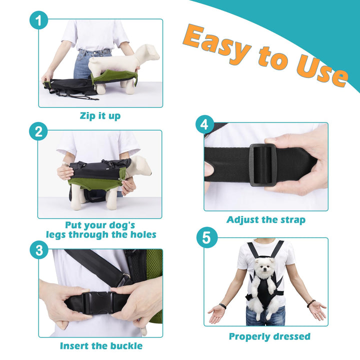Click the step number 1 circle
point(39,20)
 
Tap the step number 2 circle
point(38,131)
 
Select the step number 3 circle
point(39,250)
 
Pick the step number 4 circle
point(205,124)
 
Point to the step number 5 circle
point(206,237)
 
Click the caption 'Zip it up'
point(100,115)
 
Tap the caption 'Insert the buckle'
point(101,346)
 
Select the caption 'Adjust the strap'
point(266,219)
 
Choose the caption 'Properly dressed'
point(269,336)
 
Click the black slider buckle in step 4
point(262,165)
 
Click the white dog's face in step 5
point(265,267)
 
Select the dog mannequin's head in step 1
point(148,53)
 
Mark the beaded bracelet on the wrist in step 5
point(311,303)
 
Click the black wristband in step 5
point(222,306)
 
